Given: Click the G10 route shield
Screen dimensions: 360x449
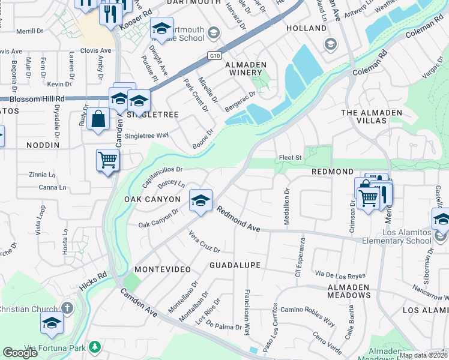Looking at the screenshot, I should pos(215,55).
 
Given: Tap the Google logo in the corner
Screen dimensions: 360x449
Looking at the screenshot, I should pos(20,353).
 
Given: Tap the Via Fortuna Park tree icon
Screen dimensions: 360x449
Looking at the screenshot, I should pos(94,347).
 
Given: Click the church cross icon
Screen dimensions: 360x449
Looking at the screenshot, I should pos(67,308).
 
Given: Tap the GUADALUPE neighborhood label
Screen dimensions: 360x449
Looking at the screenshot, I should pos(235,265).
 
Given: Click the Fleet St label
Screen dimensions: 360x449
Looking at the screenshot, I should pos(290,158).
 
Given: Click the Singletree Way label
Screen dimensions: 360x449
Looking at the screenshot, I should pos(146,136).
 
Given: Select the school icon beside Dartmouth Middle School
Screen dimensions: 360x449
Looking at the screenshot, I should pos(160,28).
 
